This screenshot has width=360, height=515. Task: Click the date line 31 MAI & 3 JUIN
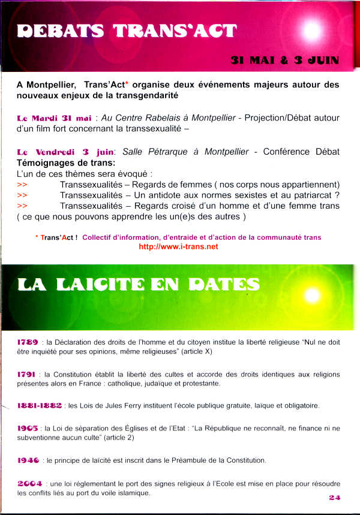(x=284, y=60)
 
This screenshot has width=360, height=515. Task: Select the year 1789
(x=28, y=342)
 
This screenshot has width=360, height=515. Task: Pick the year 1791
(x=28, y=374)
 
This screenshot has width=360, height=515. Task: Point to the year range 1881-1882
(x=40, y=405)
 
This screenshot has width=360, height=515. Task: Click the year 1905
(x=28, y=428)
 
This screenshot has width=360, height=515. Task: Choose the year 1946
(x=28, y=460)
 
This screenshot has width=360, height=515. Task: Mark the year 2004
(x=29, y=483)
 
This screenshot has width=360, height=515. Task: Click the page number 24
(x=334, y=497)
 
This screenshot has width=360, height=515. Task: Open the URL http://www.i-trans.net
(x=178, y=246)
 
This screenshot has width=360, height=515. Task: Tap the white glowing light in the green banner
(x=311, y=294)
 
